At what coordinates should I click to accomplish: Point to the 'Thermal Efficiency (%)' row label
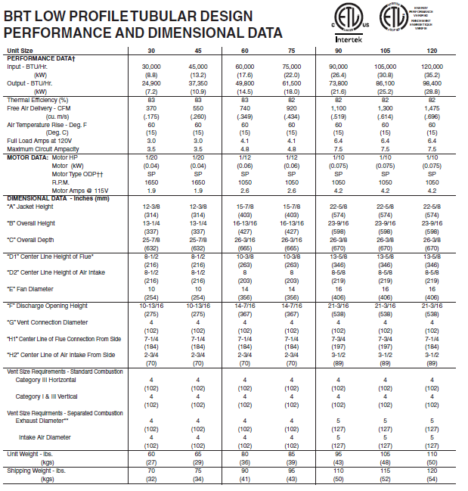click(x=38, y=100)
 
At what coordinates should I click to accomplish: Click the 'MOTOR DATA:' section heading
click(x=27, y=157)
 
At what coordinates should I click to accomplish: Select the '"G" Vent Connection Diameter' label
click(x=50, y=321)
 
